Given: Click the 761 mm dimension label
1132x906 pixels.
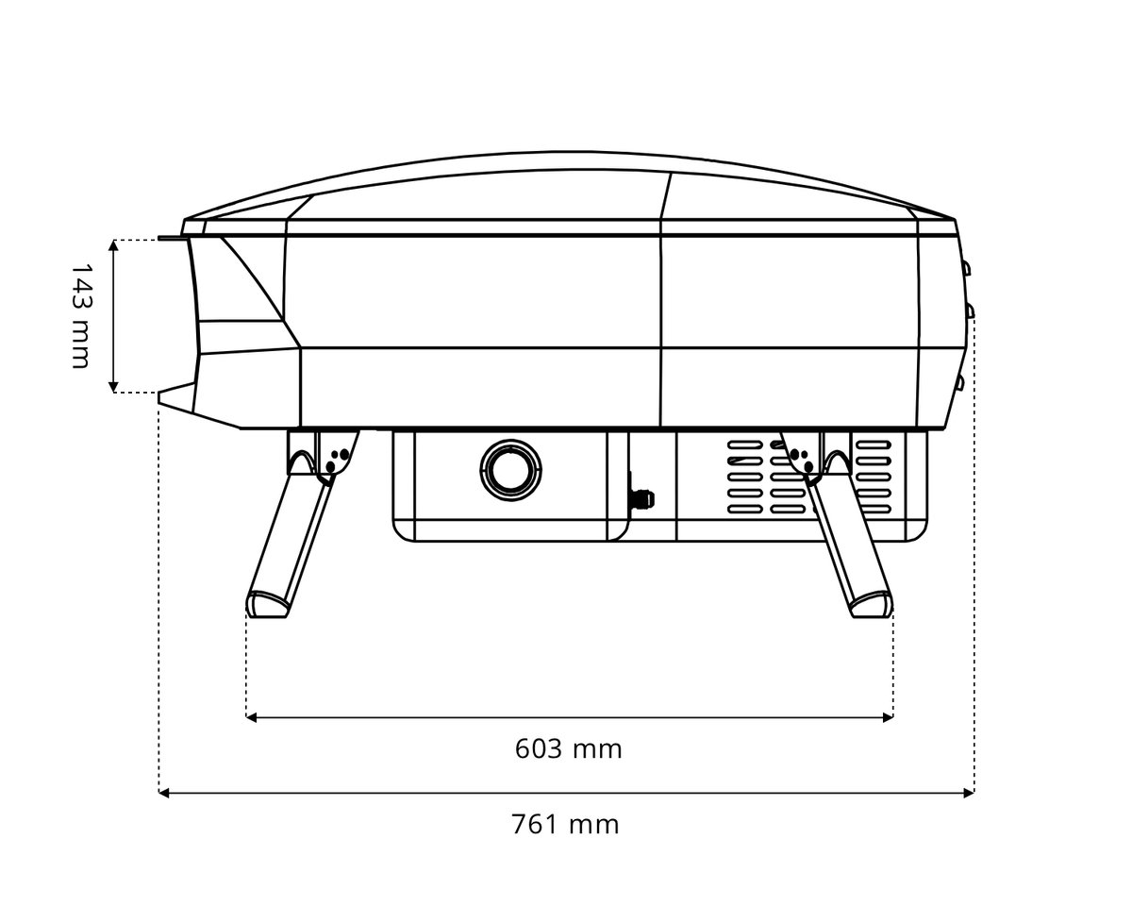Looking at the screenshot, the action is coord(565,825).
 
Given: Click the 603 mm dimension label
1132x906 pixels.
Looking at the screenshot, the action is coord(568,748).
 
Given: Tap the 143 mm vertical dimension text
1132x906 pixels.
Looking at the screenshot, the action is coord(80,316).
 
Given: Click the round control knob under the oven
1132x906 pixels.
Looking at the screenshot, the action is coord(510,470).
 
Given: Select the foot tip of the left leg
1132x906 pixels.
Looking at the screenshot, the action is coord(268,604).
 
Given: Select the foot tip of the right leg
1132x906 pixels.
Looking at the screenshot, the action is coord(872,604).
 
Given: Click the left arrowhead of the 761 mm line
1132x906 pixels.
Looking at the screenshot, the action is coord(163,793).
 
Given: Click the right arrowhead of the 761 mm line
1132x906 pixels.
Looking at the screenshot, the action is coord(969,793).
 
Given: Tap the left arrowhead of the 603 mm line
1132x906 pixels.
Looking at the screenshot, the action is coord(252,717).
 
